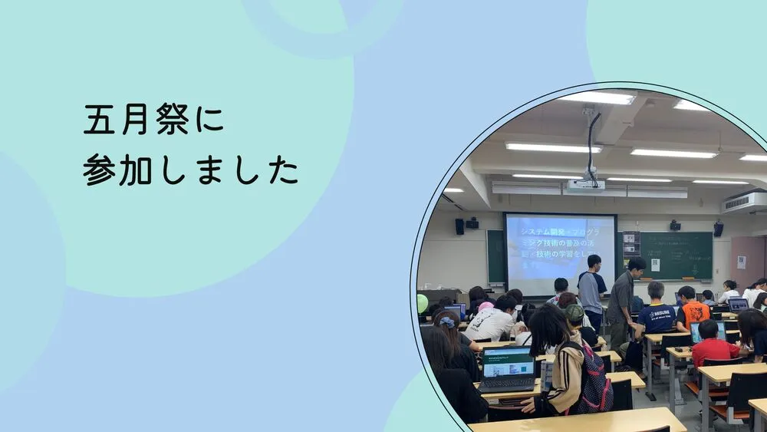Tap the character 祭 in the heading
click(173, 120)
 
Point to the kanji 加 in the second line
click(137, 169)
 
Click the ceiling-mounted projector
click(587, 184)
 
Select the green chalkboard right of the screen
click(675, 255)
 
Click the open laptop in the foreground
click(507, 367)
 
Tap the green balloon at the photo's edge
click(422, 303)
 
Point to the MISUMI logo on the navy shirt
click(658, 313)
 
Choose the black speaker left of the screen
click(459, 226)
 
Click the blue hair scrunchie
click(448, 322)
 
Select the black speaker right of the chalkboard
click(718, 229)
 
